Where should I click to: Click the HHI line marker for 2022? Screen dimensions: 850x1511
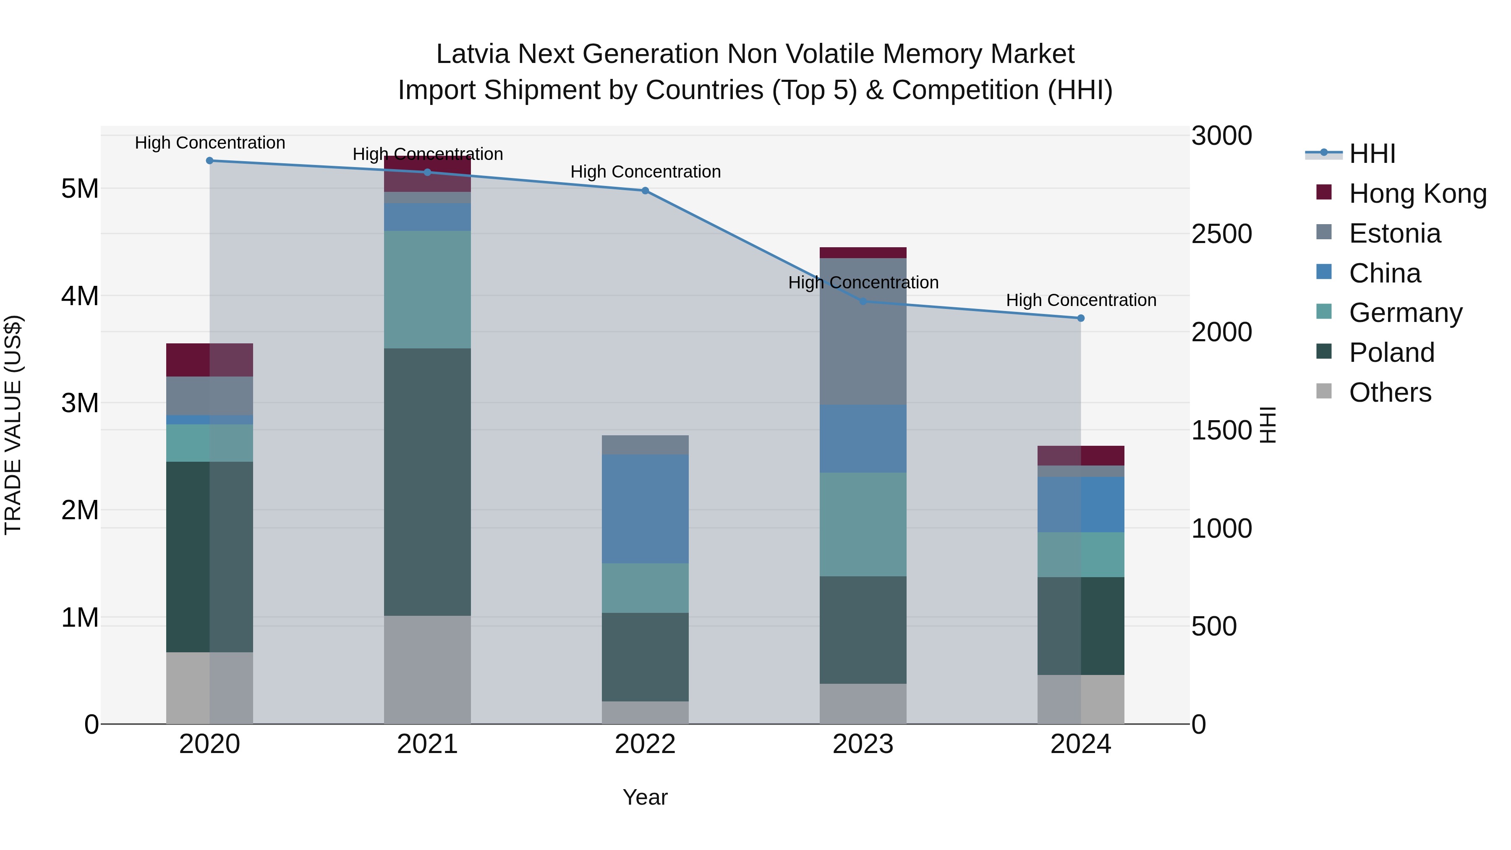pos(645,191)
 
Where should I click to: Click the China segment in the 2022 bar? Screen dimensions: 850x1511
pos(645,509)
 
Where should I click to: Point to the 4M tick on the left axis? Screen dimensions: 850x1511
pos(80,296)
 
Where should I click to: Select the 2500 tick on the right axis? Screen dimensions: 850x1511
pos(1221,234)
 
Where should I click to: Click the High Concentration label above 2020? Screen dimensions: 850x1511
pos(209,143)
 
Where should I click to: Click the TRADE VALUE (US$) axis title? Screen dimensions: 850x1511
pos(13,425)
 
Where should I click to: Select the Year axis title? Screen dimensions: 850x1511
pos(645,797)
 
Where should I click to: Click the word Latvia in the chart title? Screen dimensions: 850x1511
pos(472,54)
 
